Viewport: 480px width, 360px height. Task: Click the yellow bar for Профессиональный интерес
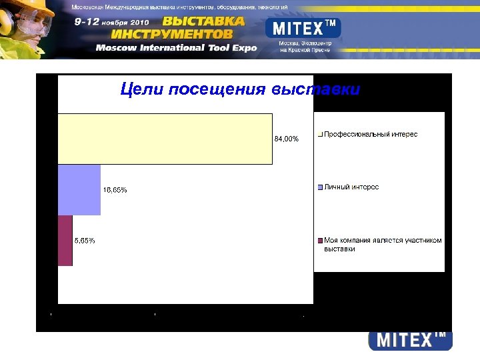[165, 139]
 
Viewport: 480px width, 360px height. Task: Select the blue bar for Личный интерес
[79, 190]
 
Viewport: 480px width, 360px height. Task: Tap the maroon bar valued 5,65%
[65, 241]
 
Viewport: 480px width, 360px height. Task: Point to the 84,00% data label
[287, 139]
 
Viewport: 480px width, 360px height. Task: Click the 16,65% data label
[115, 190]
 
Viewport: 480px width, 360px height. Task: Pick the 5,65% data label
[85, 241]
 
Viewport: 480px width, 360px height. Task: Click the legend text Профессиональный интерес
[371, 135]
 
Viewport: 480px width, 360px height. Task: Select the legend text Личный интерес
[351, 187]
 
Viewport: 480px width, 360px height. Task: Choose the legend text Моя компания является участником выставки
[382, 245]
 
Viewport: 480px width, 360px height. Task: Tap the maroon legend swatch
[321, 241]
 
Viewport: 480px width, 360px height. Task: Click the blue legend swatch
[321, 187]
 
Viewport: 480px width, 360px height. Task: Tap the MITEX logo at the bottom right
[410, 340]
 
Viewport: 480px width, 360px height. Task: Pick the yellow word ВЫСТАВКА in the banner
[203, 21]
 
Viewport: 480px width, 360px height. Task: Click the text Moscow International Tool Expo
[176, 48]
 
